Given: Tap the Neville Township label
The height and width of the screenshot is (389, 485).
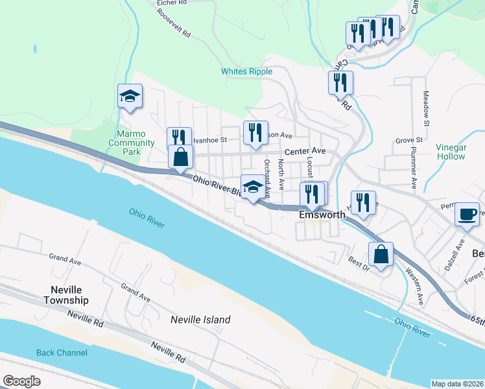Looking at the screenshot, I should click(x=66, y=296).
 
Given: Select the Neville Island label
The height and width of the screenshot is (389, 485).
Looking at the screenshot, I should click(x=200, y=320).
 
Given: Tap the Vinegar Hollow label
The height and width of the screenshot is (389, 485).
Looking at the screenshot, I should click(x=451, y=152).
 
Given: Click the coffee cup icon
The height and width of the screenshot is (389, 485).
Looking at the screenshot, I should click(x=468, y=215).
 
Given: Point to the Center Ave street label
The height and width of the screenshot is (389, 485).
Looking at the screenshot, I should click(x=305, y=151).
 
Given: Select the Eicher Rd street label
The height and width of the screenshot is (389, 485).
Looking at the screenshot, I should click(x=172, y=3).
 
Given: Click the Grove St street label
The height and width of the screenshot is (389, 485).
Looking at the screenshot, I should click(x=409, y=140).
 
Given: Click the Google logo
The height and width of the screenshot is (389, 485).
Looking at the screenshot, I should click(x=22, y=381).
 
